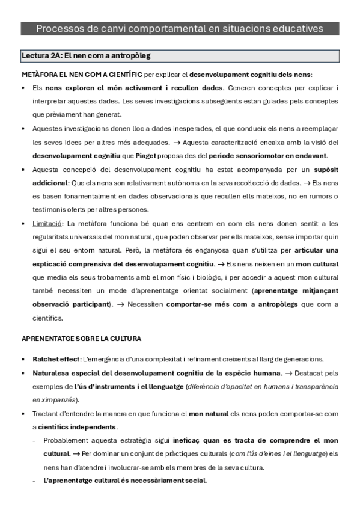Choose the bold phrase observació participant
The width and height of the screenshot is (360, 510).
click(72, 304)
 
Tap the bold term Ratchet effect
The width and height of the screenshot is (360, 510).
click(55, 359)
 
